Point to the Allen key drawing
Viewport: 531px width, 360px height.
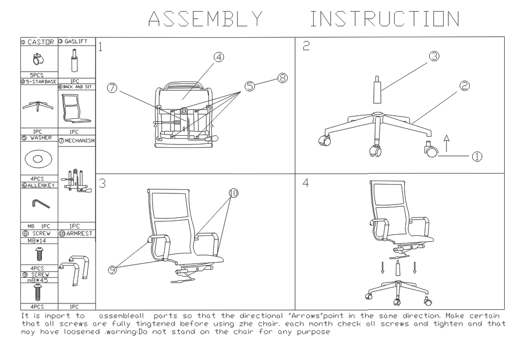point(37,202)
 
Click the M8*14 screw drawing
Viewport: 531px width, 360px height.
point(38,252)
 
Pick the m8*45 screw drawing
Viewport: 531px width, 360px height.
point(38,291)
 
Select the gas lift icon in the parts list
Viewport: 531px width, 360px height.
point(75,61)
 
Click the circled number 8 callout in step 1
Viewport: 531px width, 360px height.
point(283,78)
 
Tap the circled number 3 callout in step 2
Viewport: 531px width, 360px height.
point(433,57)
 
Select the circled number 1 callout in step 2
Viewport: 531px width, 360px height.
point(477,156)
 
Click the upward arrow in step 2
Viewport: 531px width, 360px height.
point(447,143)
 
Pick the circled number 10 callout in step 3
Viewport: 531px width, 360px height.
point(233,193)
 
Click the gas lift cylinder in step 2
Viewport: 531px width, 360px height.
point(377,91)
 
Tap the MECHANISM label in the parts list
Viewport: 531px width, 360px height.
point(77,140)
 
